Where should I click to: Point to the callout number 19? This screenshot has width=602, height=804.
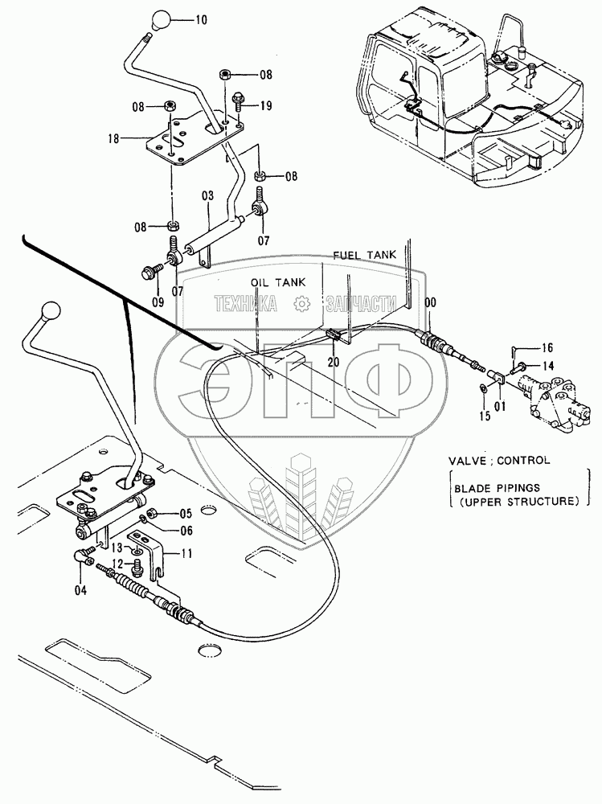(x=266, y=105)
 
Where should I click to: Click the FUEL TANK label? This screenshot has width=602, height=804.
(x=365, y=254)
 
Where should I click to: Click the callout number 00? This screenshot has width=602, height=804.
(x=432, y=302)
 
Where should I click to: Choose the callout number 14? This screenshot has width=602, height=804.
(x=547, y=366)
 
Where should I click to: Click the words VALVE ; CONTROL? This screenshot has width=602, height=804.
(x=499, y=461)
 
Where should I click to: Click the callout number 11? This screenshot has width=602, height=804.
(x=186, y=552)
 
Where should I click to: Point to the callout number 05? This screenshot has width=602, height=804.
(x=186, y=513)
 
